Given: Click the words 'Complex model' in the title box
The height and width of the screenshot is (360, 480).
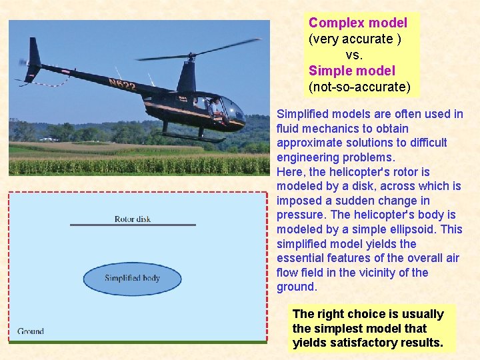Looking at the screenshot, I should [357, 23].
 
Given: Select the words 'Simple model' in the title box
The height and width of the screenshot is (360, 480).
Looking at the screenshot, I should [351, 71].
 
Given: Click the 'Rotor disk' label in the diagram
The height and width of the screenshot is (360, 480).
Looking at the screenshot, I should [133, 219].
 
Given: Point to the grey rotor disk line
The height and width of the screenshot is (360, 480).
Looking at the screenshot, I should [133, 225].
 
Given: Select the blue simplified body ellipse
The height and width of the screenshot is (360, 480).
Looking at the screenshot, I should [133, 278].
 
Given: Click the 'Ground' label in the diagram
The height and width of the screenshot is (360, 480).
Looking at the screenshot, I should [31, 331].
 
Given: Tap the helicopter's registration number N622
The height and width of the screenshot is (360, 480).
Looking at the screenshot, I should [122, 85].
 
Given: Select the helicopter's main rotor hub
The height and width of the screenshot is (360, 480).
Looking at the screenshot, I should [191, 55].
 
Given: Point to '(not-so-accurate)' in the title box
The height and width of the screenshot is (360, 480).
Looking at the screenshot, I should [359, 87].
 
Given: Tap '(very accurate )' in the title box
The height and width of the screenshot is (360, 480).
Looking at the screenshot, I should [355, 39].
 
